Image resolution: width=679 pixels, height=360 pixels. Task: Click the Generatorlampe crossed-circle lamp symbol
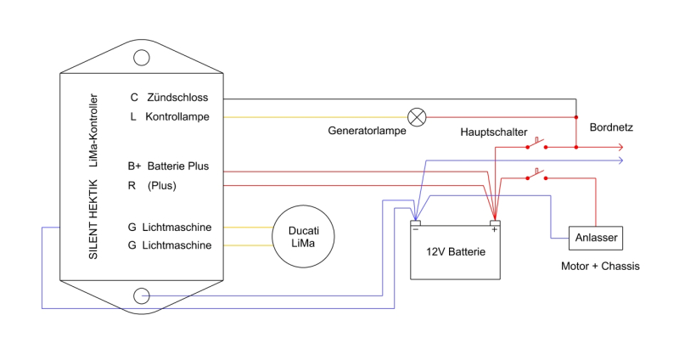(x=417, y=116)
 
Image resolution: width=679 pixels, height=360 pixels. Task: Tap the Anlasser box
(x=596, y=238)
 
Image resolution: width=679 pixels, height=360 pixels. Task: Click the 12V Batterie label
(x=455, y=251)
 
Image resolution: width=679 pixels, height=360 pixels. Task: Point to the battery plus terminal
(x=495, y=226)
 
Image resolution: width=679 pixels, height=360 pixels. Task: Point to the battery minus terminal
(x=416, y=226)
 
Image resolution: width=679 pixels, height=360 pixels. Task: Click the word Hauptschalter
(x=494, y=132)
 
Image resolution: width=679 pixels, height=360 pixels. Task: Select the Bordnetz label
(x=611, y=127)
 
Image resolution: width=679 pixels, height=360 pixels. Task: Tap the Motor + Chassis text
(x=600, y=267)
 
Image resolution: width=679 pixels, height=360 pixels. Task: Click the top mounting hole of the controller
(x=141, y=57)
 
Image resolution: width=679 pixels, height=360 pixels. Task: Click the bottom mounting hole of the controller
(x=141, y=295)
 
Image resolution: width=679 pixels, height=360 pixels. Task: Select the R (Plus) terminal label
(x=153, y=185)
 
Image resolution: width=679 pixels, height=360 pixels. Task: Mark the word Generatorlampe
(x=367, y=132)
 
